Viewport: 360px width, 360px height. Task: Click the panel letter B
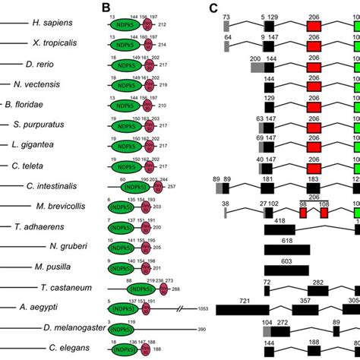(106, 8)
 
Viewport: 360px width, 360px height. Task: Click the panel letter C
(215, 8)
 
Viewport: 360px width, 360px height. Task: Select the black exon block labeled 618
(286, 249)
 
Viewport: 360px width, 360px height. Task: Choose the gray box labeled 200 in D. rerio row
(257, 66)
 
